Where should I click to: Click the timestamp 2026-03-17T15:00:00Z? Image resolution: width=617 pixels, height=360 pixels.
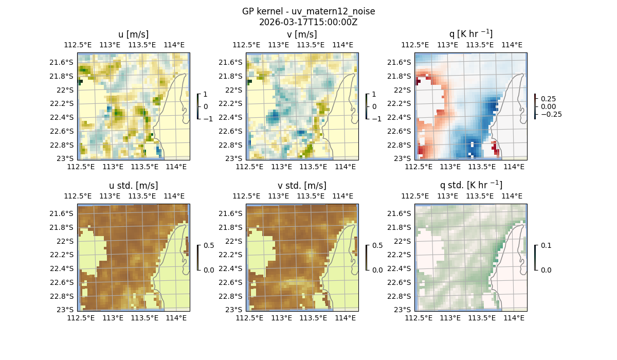click(308, 22)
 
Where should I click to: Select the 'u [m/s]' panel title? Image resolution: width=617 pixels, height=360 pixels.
click(133, 34)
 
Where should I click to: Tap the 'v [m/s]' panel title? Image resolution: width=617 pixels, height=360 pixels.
click(302, 34)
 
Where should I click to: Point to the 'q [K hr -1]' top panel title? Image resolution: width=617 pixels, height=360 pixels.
click(470, 34)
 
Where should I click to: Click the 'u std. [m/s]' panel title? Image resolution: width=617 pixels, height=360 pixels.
click(133, 186)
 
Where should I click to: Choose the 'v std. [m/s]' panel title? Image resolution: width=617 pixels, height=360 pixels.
click(302, 186)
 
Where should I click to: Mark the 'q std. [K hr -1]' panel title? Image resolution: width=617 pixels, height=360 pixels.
click(470, 185)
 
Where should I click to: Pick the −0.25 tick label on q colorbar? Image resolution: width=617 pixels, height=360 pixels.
click(551, 114)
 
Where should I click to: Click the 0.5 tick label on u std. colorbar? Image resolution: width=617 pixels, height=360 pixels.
click(208, 245)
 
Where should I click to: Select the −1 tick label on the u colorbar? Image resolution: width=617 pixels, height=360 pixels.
click(208, 119)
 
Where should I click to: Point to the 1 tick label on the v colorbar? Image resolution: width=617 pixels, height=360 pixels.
click(374, 95)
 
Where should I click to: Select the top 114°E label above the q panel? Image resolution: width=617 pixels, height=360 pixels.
click(512, 45)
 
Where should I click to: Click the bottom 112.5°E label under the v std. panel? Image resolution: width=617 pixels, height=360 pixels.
click(249, 318)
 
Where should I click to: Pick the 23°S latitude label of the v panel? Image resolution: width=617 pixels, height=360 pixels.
click(234, 158)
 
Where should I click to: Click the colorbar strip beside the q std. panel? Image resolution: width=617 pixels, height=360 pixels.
click(535, 257)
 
